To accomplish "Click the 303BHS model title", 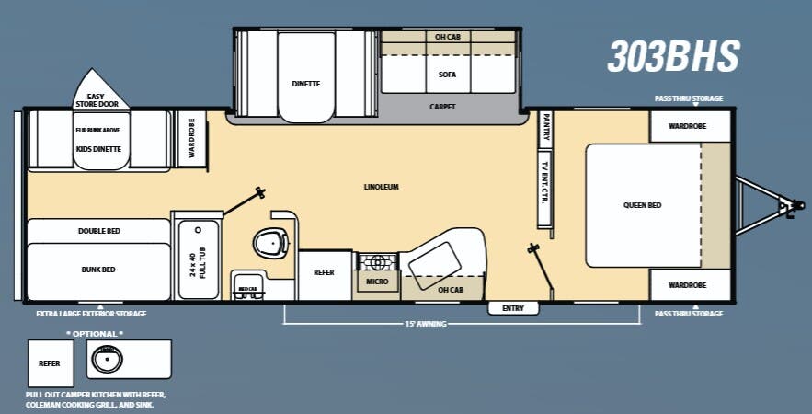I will tap(673, 56).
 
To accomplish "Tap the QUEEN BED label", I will tap(642, 205).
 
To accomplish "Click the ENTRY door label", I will tap(512, 308).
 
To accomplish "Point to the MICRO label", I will tap(377, 281).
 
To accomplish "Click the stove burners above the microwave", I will tap(378, 259).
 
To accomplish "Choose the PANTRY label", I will tap(545, 128).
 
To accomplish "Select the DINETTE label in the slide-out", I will tap(306, 84).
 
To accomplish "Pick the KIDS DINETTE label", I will tap(98, 148).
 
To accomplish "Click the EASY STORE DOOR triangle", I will tap(102, 91).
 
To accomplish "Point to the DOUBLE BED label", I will tap(98, 230).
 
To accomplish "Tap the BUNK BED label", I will tap(98, 270).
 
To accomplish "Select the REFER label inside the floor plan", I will tap(324, 272).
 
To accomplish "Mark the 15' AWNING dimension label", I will tap(426, 323).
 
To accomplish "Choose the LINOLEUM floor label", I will tap(381, 187).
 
